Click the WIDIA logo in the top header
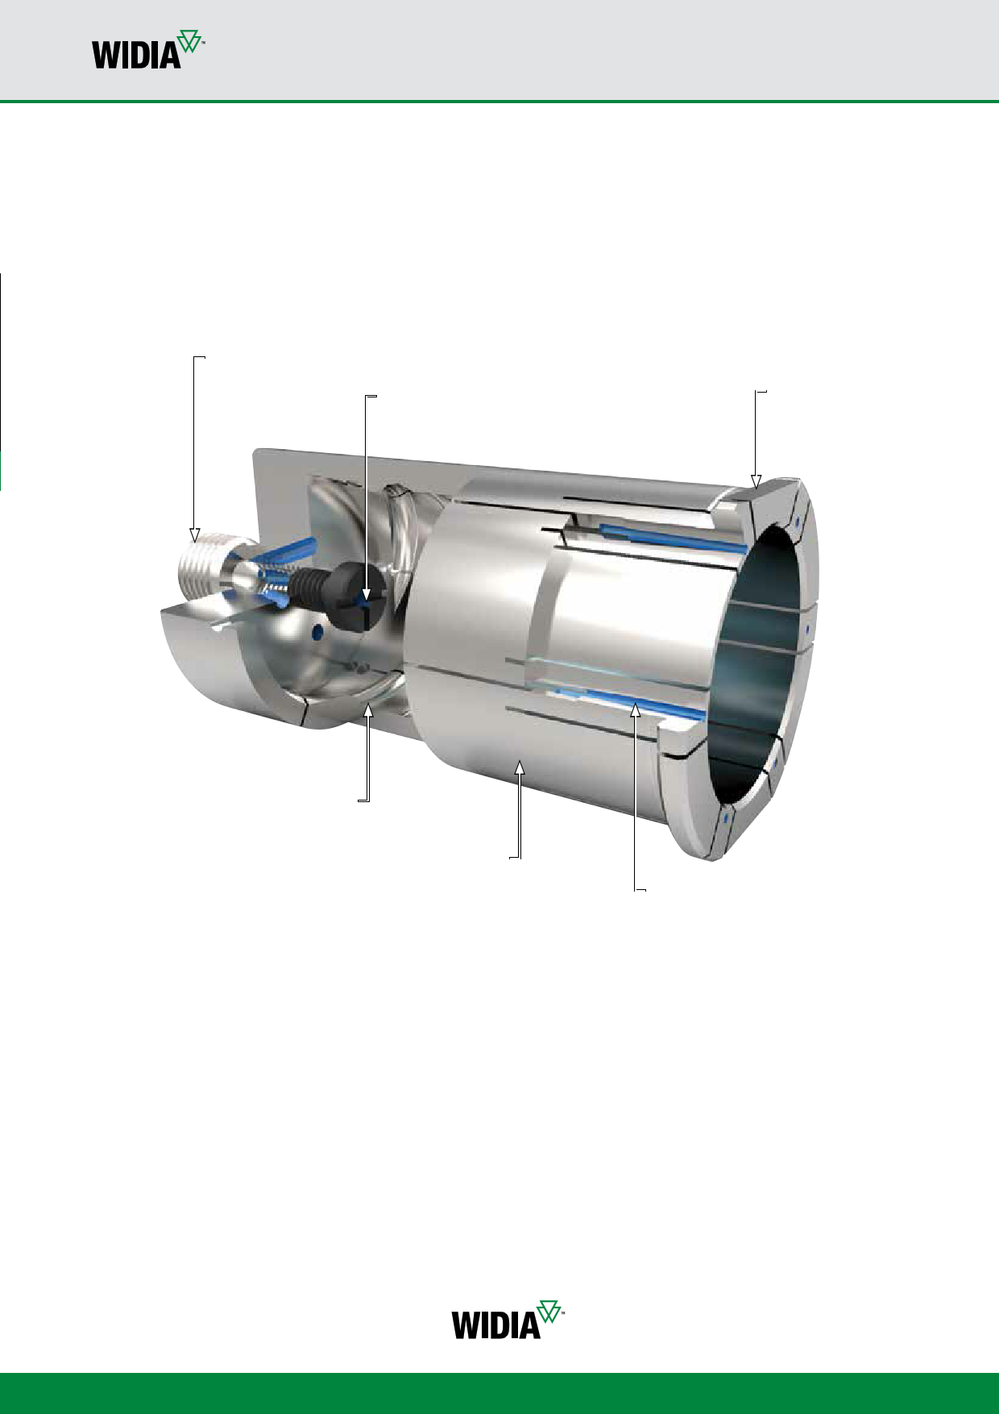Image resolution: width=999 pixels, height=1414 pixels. point(148,50)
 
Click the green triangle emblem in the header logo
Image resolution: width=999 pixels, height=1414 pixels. point(189,41)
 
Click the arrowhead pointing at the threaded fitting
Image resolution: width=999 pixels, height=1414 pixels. point(194,535)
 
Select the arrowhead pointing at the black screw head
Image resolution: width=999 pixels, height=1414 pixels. point(366,597)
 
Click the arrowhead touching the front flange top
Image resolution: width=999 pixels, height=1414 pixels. point(756,481)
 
